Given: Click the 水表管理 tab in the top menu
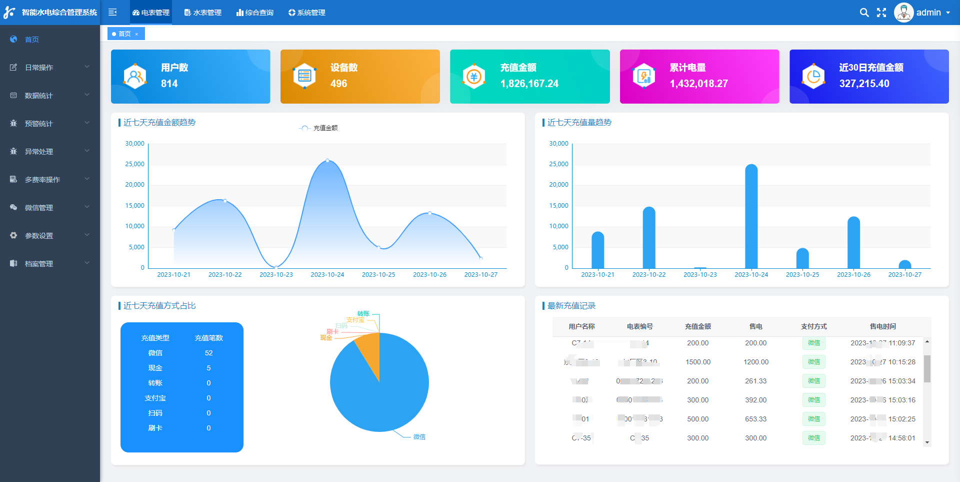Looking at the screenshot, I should (x=203, y=13).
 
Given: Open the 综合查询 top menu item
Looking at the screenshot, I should (x=255, y=13).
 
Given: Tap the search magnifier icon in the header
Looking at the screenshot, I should (x=864, y=13).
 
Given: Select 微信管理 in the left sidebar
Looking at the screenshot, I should (x=39, y=208).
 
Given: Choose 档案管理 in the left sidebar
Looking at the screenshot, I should (x=39, y=264).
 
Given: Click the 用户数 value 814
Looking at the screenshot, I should (x=169, y=84).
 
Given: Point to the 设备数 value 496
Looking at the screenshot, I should (x=338, y=84).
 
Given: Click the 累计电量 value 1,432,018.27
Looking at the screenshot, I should (x=698, y=84).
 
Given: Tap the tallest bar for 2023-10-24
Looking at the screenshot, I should (x=751, y=215).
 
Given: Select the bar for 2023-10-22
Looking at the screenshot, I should (x=649, y=238).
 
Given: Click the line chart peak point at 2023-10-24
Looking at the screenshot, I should (x=327, y=161).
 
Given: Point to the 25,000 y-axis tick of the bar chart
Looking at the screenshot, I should (x=558, y=164).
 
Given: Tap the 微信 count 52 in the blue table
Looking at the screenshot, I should (x=208, y=353).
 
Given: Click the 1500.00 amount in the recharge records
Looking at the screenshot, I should (x=697, y=362).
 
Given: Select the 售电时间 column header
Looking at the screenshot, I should (x=882, y=326).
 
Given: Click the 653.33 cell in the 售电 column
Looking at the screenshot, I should (x=755, y=419).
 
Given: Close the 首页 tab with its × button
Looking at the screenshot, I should (x=136, y=34).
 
